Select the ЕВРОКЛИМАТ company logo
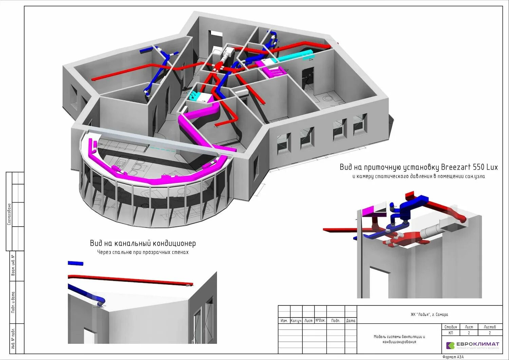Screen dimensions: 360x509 (x=472, y=345)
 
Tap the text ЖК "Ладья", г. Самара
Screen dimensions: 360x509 (x=429, y=315)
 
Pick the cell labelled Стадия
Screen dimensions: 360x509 (x=450, y=327)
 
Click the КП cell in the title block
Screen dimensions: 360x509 (x=450, y=333)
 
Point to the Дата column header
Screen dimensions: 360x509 (x=351, y=320)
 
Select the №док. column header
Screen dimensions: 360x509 (x=320, y=320)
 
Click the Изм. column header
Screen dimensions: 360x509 (x=284, y=320)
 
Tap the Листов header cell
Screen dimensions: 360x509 (x=489, y=327)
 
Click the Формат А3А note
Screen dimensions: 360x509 (x=453, y=357)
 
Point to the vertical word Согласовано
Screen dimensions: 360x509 (x=9, y=214)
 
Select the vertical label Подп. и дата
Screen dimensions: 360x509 (x=13, y=302)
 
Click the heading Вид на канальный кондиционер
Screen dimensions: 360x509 (x=143, y=243)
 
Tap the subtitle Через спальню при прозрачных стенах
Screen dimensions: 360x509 (x=143, y=252)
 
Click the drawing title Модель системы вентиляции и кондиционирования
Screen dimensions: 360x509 (x=399, y=339)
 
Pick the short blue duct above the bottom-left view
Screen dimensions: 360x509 (x=75, y=263)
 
